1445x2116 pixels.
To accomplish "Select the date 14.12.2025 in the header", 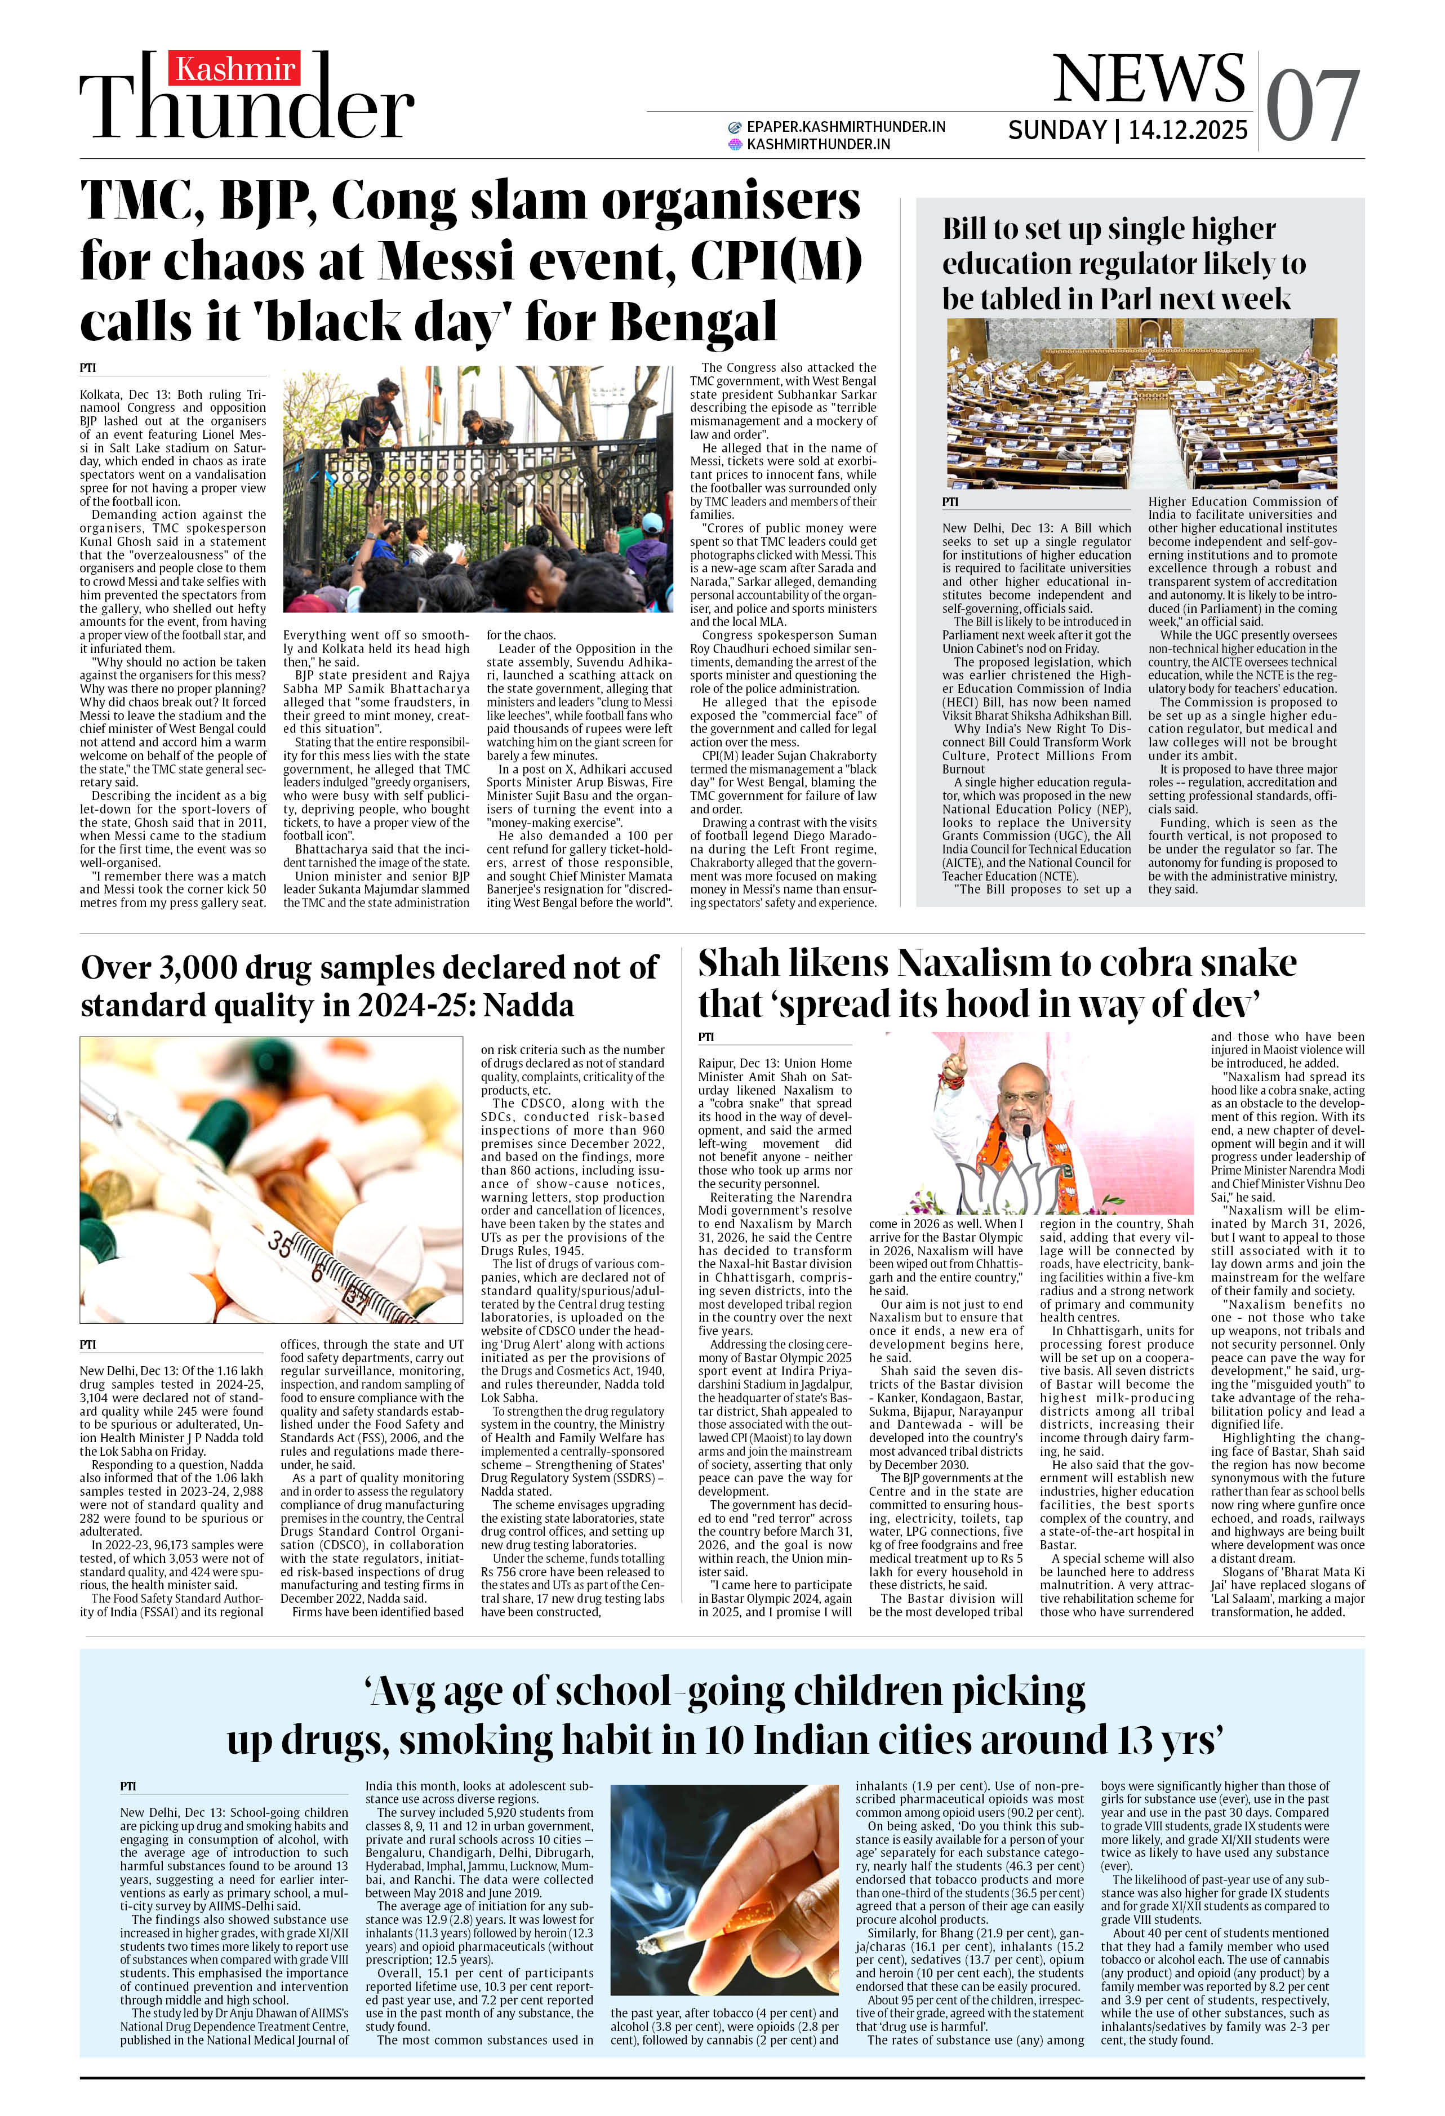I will [x=1188, y=130].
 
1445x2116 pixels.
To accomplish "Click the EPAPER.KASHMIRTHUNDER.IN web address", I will [x=845, y=127].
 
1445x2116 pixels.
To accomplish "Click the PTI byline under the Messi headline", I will [x=87, y=368].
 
